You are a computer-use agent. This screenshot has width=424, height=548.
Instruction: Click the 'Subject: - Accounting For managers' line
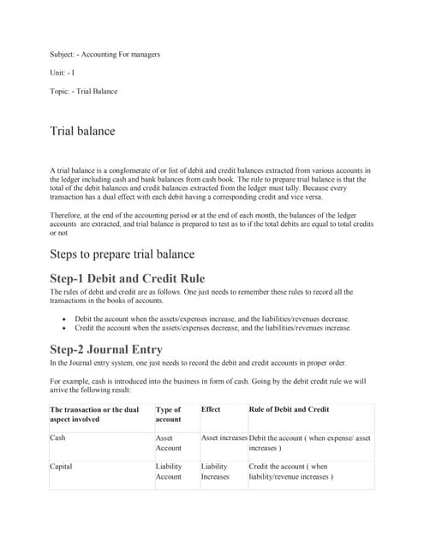(x=105, y=55)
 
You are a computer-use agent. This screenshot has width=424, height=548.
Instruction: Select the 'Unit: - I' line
(x=63, y=73)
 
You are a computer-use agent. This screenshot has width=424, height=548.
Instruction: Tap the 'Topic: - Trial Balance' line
(x=84, y=91)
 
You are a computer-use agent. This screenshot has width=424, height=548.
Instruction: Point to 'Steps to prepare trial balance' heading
(x=122, y=254)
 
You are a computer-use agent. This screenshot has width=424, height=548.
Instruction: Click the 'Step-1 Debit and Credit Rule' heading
(x=128, y=278)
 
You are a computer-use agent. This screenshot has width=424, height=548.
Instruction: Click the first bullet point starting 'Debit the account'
(x=212, y=318)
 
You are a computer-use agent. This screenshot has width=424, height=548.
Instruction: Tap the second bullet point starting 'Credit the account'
(x=212, y=328)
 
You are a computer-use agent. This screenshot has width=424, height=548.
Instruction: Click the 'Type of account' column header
(x=168, y=414)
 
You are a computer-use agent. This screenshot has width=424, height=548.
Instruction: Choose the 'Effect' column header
(x=211, y=409)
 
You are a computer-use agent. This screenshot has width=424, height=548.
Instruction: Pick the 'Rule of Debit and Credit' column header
(x=290, y=409)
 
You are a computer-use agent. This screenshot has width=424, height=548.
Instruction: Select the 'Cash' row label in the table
(x=59, y=438)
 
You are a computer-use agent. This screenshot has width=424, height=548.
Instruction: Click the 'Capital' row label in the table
(x=63, y=467)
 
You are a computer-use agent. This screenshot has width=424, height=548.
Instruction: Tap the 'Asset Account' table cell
(x=169, y=443)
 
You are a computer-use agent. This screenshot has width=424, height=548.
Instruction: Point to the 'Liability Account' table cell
(x=169, y=472)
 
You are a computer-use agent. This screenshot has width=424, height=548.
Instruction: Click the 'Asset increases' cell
(x=224, y=438)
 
